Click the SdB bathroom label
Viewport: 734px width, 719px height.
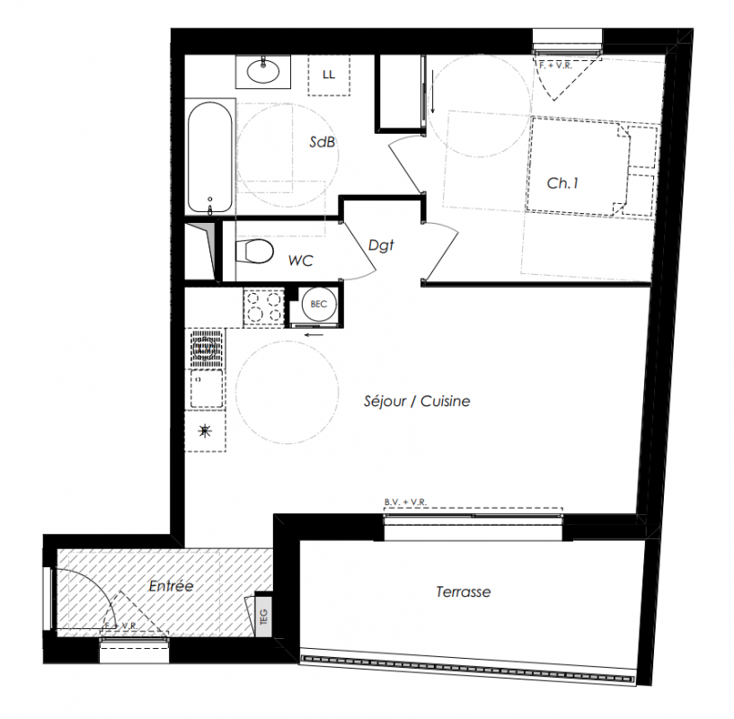point(323,141)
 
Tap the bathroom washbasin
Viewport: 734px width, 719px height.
point(263,71)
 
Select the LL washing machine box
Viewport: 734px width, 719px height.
point(329,75)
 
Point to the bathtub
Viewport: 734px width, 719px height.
point(210,157)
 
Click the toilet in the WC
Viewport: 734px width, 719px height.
point(253,252)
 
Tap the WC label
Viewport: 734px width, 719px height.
point(301,261)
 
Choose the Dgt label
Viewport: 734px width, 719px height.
point(381,245)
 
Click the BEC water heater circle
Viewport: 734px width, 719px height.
point(318,304)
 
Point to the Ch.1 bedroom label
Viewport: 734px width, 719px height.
point(562,183)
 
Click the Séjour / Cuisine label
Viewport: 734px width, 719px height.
point(417,401)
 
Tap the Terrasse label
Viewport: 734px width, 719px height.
point(464,592)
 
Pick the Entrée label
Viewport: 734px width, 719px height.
point(171,586)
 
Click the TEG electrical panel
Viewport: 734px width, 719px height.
point(263,616)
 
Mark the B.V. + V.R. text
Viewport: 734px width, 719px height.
point(405,502)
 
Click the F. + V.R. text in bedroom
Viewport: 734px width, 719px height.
point(555,66)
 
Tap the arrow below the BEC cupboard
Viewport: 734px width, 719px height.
point(314,334)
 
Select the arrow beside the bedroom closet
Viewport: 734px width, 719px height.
point(433,92)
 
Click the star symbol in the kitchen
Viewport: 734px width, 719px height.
point(205,431)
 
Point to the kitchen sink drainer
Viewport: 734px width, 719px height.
point(207,348)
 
